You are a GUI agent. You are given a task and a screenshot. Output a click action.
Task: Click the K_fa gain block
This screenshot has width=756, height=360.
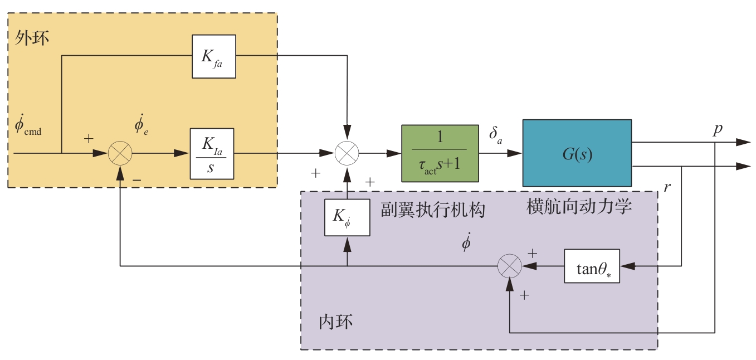[214, 56]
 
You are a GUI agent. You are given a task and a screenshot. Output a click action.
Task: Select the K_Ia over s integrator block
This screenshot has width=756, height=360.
[212, 153]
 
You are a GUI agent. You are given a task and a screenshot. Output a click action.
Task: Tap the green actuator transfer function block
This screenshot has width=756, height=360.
[440, 153]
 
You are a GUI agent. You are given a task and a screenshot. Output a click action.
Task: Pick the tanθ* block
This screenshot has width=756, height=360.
[591, 267]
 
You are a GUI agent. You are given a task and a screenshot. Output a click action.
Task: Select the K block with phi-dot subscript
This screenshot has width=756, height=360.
[347, 217]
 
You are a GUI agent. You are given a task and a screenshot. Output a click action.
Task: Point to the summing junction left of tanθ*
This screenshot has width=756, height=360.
[509, 266]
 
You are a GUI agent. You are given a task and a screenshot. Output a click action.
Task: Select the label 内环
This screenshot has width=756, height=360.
[335, 322]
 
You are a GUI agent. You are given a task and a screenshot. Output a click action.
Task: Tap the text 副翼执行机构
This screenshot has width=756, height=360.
[433, 210]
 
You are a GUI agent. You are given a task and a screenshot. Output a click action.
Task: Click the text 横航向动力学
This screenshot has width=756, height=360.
[579, 207]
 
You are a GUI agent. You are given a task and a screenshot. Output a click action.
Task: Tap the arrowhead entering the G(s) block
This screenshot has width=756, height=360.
[516, 153]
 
